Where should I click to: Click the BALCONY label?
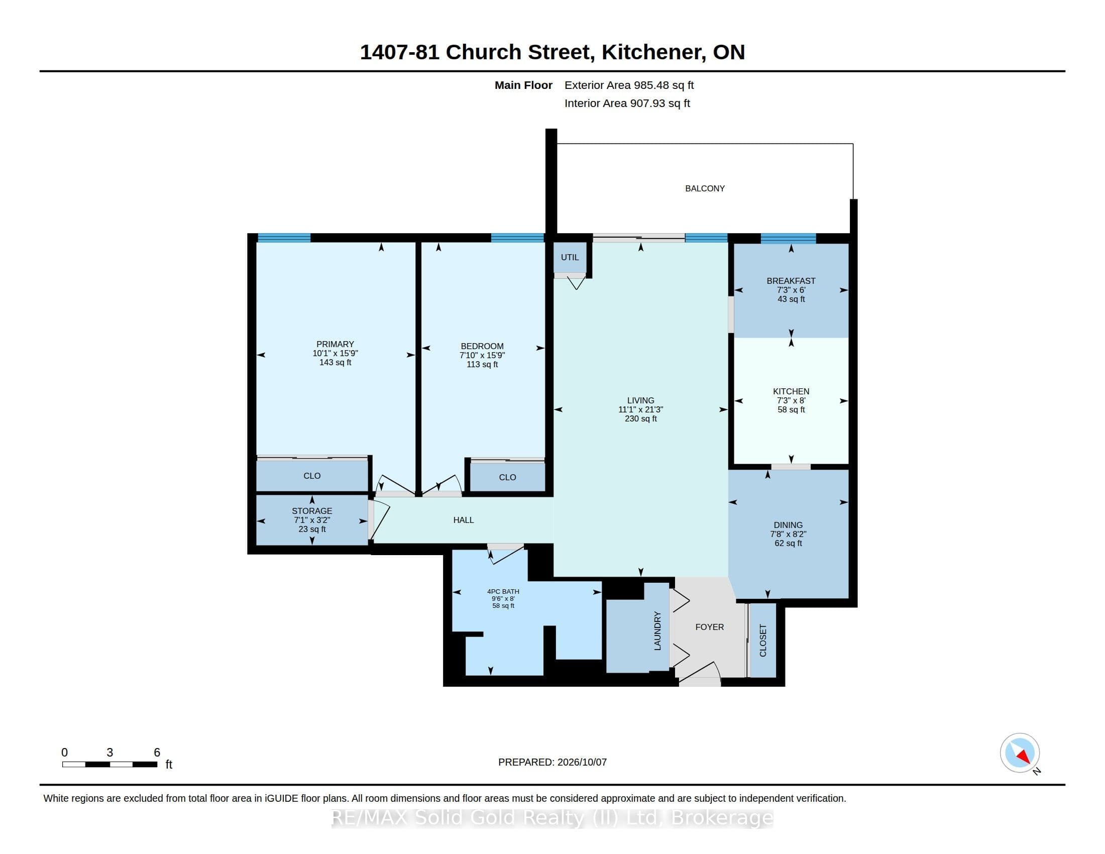click(x=705, y=188)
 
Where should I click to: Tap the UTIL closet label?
click(x=570, y=257)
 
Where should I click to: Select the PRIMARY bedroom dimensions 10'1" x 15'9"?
click(x=335, y=353)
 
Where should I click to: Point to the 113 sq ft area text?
click(x=482, y=364)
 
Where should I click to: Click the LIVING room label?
click(x=640, y=400)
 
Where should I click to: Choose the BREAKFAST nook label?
click(x=791, y=281)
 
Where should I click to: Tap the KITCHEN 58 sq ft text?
click(x=791, y=409)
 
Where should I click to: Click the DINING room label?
click(x=788, y=524)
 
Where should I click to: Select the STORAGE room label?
click(x=312, y=511)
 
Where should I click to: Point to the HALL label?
click(x=464, y=519)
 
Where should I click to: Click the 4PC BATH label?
click(x=503, y=591)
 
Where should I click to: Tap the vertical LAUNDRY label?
click(x=657, y=630)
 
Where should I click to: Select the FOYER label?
click(x=709, y=627)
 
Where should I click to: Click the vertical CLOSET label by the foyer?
click(x=763, y=640)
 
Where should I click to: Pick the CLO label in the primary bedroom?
click(x=312, y=476)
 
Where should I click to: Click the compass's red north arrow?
click(x=1023, y=757)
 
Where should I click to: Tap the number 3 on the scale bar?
click(x=110, y=753)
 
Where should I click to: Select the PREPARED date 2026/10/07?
click(x=582, y=762)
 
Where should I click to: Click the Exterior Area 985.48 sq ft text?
click(x=629, y=85)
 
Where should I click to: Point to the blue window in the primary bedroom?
click(x=284, y=238)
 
